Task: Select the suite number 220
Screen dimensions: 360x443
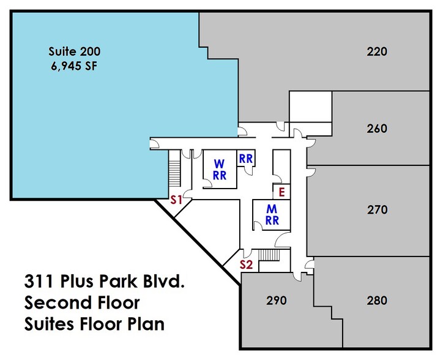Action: click(377, 51)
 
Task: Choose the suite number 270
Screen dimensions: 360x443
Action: click(377, 210)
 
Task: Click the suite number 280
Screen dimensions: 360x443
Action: click(377, 301)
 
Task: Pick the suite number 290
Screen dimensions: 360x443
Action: click(277, 301)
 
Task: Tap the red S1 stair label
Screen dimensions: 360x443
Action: click(177, 199)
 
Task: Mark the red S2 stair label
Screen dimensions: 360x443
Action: click(246, 265)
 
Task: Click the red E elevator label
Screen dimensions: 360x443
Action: click(281, 192)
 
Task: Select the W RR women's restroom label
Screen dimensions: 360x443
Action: click(219, 170)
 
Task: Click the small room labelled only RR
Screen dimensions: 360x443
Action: click(246, 157)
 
